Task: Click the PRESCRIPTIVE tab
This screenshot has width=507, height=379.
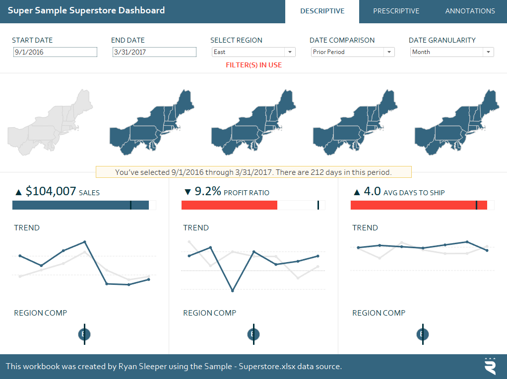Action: tap(396, 11)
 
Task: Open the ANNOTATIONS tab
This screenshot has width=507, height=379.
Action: tap(470, 11)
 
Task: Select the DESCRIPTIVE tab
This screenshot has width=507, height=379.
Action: tap(322, 11)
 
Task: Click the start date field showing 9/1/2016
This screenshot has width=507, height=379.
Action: tap(55, 52)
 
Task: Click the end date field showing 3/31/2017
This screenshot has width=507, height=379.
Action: tap(154, 52)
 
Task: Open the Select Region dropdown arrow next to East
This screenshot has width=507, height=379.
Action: tap(289, 52)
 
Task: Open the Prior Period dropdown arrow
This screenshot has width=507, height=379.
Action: tap(388, 52)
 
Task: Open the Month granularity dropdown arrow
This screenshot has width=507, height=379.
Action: tap(488, 52)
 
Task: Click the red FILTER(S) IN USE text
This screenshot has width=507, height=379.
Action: tap(253, 65)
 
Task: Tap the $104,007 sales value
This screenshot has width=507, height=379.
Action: tap(51, 191)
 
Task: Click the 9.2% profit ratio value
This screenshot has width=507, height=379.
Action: tap(208, 191)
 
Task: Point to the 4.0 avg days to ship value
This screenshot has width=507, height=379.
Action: tap(372, 191)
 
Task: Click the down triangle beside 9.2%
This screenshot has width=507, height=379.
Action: tap(187, 192)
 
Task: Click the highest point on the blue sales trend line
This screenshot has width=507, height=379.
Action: tap(85, 242)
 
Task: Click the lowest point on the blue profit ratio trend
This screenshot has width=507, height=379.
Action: tap(232, 291)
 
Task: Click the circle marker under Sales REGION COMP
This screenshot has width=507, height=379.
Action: tap(84, 334)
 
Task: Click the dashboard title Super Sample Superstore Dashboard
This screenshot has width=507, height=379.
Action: tap(86, 10)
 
